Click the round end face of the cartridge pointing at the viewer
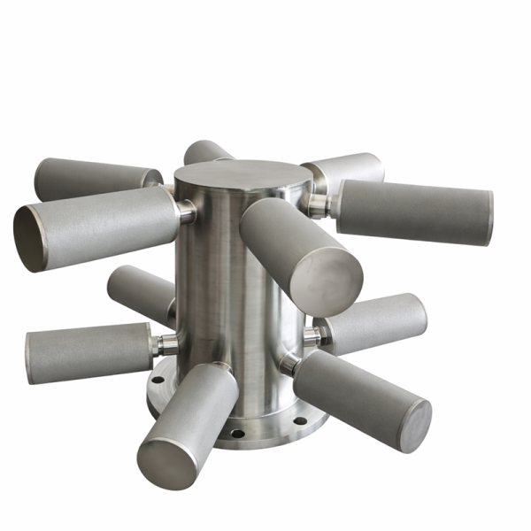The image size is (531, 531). (x=331, y=281)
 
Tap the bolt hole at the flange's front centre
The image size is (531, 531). (x=235, y=434)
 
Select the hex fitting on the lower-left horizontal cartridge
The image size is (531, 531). (x=165, y=344)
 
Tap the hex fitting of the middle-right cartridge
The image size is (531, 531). (x=312, y=336)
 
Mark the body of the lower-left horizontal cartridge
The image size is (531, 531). (x=88, y=352)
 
